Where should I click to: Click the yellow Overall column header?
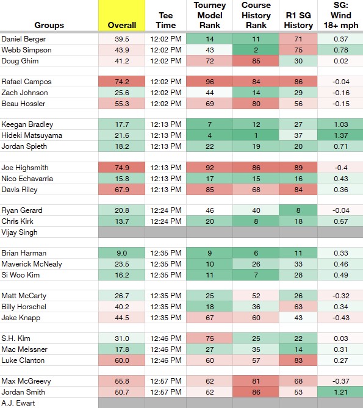tap(121, 16)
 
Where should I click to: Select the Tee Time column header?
tap(166, 20)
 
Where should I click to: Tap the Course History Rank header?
tap(256, 15)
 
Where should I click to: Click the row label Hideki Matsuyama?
tap(32, 135)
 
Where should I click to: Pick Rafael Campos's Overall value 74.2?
tap(122, 82)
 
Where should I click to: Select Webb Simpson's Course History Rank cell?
tap(256, 50)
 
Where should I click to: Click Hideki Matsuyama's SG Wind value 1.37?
tap(340, 135)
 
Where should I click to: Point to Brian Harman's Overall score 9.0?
tap(122, 253)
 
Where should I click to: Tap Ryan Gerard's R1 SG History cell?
tap(298, 210)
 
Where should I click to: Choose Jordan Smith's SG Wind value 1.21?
tap(340, 392)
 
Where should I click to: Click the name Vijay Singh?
tap(20, 232)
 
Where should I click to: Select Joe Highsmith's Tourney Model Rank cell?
tap(210, 168)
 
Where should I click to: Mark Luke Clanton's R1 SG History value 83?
tap(298, 360)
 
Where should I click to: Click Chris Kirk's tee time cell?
tap(166, 221)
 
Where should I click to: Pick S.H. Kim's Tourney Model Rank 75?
tap(210, 338)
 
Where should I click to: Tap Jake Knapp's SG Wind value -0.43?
tap(340, 318)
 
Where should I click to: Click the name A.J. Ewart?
tap(18, 403)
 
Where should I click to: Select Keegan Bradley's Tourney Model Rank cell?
tap(210, 124)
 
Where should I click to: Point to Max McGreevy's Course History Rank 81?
tap(256, 381)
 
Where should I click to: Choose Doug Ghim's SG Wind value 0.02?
tap(340, 61)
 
